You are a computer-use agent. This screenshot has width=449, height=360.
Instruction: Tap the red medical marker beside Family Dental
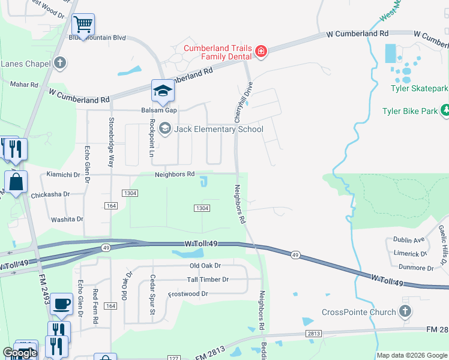(x=261, y=52)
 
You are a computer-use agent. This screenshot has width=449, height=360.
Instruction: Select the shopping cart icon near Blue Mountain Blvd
(x=83, y=25)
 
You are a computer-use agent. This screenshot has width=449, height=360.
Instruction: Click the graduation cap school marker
(x=162, y=91)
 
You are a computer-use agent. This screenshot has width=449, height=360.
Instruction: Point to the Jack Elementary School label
(x=218, y=129)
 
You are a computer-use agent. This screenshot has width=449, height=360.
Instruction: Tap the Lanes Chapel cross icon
(x=59, y=62)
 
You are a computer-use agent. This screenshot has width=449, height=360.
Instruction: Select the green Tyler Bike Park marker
(x=445, y=110)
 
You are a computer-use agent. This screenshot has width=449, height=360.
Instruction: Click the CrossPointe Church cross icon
(x=405, y=311)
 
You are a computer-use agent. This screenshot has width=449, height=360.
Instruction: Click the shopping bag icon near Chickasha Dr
(x=17, y=182)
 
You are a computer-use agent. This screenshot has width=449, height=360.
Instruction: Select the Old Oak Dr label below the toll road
(x=205, y=265)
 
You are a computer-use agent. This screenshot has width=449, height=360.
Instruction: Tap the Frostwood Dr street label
(x=188, y=294)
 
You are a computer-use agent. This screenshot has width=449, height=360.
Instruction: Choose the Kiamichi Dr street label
(x=63, y=175)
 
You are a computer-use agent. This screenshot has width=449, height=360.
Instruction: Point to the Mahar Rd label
(x=24, y=85)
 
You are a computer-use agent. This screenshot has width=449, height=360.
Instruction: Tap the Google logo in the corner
(x=20, y=353)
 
